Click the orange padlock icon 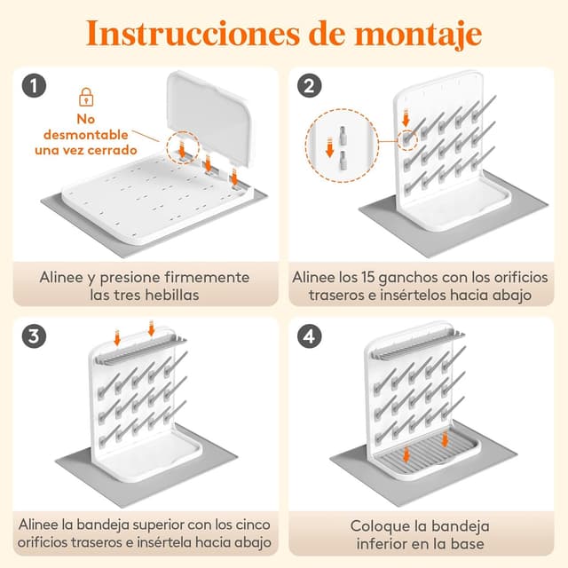86,96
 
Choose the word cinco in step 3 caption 245,525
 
